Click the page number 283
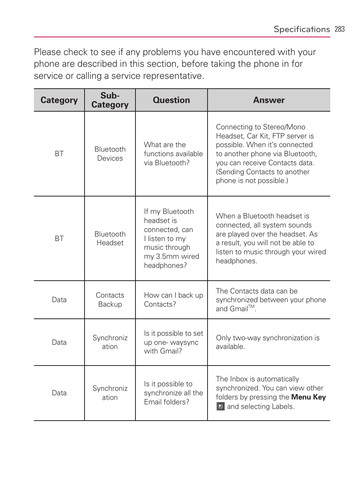click(x=339, y=29)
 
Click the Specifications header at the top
click(x=302, y=29)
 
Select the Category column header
click(x=59, y=100)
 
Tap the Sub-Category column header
click(x=110, y=100)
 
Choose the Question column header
click(x=171, y=100)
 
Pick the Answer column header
click(x=269, y=100)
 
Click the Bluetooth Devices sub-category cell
click(x=110, y=154)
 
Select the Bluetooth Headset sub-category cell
click(x=110, y=238)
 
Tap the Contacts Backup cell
click(x=110, y=300)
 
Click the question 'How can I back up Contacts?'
click(x=173, y=300)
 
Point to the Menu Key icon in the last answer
click(x=220, y=406)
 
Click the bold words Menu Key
click(x=308, y=397)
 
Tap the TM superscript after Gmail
click(x=251, y=307)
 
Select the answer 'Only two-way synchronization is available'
click(x=267, y=342)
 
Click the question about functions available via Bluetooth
click(x=173, y=154)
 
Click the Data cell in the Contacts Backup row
click(x=59, y=300)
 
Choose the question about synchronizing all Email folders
click(x=173, y=393)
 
